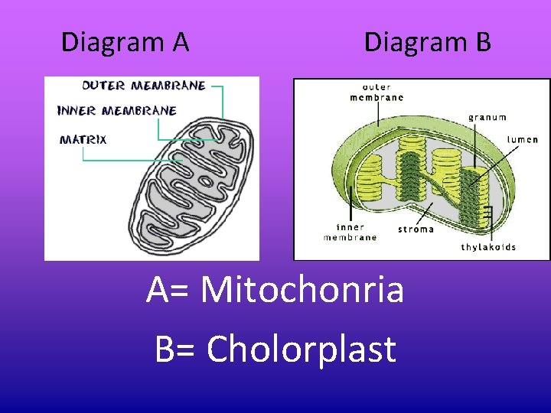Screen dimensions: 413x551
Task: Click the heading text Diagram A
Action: coord(125,42)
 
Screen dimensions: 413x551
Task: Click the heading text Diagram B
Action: coord(427,42)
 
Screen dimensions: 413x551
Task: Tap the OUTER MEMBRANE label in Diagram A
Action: coord(144,86)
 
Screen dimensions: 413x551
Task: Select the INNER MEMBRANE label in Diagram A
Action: coord(117,111)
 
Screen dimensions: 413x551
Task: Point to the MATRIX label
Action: coord(83,139)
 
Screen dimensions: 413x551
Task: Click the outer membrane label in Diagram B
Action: coord(377,92)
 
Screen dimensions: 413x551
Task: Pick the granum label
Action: coord(487,117)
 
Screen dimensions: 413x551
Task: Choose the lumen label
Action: coord(523,140)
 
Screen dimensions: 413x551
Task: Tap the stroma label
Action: coord(416,229)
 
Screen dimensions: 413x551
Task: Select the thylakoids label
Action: coord(488,247)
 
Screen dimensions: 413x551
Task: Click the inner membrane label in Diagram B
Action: coord(350,232)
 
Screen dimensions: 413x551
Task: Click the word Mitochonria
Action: coord(302,291)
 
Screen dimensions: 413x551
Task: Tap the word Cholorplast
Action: coord(301,350)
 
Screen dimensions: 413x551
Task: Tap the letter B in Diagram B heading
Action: coord(482,42)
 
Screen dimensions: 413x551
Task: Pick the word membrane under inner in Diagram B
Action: coord(350,237)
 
